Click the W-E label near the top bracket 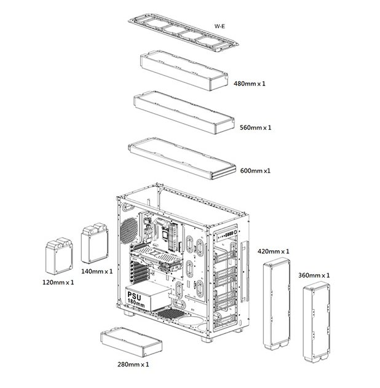[220, 26]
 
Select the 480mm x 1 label [250, 84]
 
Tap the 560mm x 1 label [256, 128]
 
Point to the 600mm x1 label [255, 171]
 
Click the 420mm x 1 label [274, 251]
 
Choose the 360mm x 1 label [314, 275]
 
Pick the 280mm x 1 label [133, 365]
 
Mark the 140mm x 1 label [97, 271]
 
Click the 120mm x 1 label [58, 282]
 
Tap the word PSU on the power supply [134, 296]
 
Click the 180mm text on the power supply [136, 304]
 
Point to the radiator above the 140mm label [95, 243]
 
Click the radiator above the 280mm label [132, 342]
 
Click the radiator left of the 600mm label [182, 159]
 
